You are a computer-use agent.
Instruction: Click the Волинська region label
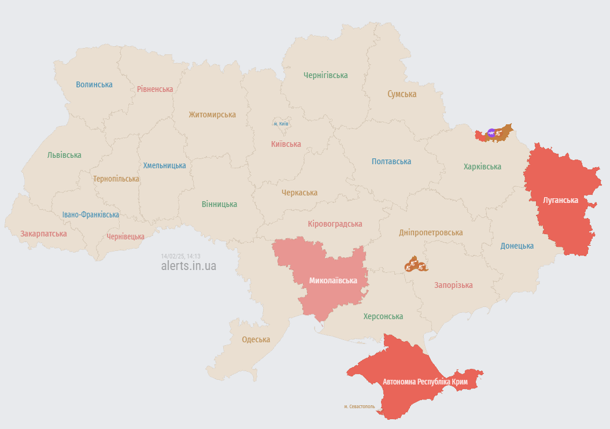point(94,84)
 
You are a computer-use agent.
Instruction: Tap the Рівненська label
point(155,89)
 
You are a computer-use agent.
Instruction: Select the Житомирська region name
point(212,114)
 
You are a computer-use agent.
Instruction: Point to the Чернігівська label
point(326,75)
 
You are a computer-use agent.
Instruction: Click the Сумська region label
point(402,94)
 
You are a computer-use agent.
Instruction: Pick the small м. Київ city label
point(281,124)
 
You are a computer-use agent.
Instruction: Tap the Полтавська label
point(391,161)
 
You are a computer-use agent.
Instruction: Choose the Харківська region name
point(482,167)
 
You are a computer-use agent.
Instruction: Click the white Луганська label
point(560,200)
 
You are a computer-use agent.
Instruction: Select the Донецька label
point(517,246)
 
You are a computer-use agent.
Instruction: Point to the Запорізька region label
point(453,285)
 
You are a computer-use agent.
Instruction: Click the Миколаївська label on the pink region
point(333,280)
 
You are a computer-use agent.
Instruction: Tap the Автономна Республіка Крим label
point(424,382)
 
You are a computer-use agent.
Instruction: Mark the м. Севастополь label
point(359,406)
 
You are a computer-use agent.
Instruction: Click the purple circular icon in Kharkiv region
point(491,133)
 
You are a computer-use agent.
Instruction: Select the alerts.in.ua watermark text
point(188,266)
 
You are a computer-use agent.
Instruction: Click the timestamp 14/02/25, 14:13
point(180,256)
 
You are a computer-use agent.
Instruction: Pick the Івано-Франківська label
point(91,214)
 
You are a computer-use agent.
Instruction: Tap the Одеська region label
point(256,339)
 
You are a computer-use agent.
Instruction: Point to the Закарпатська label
point(43,234)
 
